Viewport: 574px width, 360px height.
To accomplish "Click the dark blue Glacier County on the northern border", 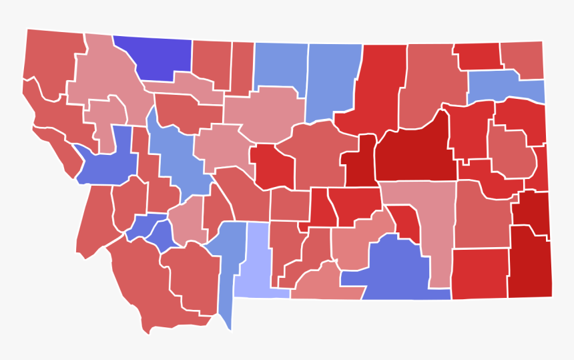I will (x=154, y=57).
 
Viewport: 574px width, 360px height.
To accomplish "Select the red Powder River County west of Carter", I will (x=479, y=274).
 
